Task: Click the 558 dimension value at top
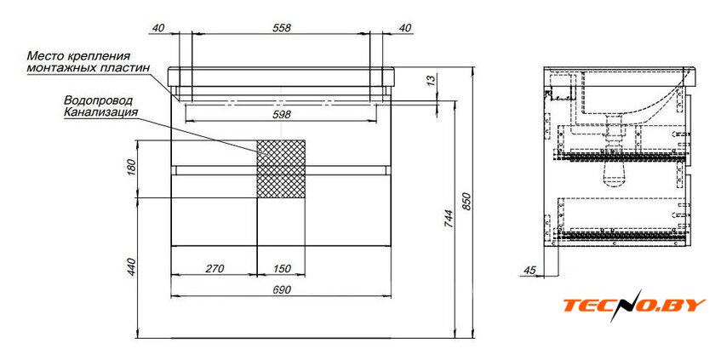click(282, 28)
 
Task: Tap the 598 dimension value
click(282, 114)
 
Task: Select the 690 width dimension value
click(282, 290)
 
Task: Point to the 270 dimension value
click(214, 269)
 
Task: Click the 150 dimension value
click(282, 269)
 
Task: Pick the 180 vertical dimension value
click(131, 168)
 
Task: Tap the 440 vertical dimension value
click(131, 266)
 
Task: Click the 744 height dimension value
click(449, 219)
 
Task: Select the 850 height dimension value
click(466, 201)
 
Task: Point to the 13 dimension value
click(431, 81)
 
